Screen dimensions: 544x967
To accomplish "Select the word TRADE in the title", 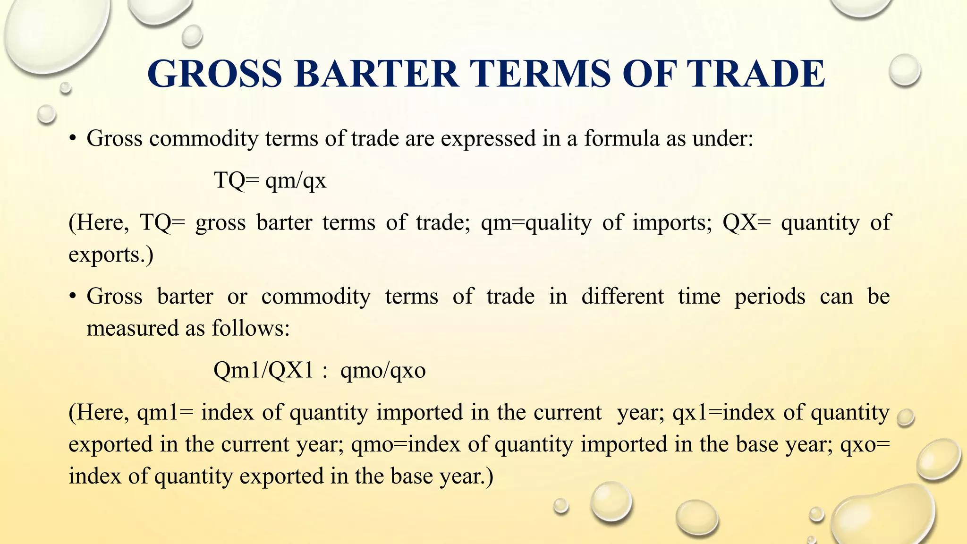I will (755, 74).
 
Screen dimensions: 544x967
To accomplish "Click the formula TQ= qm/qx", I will (270, 180).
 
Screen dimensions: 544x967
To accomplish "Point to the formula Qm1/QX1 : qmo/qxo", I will (319, 370).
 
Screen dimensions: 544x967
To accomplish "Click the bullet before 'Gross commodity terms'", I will (72, 139).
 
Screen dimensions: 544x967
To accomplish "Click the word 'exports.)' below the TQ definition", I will (111, 255).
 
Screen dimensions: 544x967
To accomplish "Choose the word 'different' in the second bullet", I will (622, 297).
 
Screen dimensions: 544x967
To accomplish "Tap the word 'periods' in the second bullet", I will (770, 297).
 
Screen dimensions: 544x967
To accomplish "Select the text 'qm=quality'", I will (536, 222).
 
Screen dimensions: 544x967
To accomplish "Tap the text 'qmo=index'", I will (406, 444).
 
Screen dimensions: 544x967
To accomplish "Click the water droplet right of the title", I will (904, 70).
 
